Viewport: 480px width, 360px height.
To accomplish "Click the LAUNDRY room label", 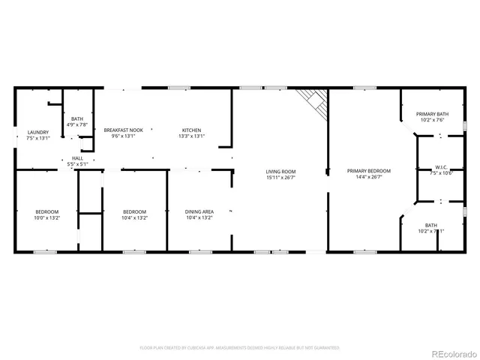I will tap(37, 132).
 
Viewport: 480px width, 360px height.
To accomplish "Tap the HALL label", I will tap(77, 158).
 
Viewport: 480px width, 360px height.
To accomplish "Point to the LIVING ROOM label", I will tap(280, 172).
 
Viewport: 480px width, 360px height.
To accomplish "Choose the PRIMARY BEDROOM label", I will tap(369, 172).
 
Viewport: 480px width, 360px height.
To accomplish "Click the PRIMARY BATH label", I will tap(431, 114).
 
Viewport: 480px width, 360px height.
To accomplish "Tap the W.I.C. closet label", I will tap(442, 167).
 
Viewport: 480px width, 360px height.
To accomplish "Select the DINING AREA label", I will tap(199, 211).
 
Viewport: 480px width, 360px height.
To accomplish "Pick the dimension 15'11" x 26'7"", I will tap(280, 178).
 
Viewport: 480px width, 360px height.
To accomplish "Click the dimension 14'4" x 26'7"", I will tap(369, 178).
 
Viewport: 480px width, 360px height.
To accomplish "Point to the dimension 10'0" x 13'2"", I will tap(46, 217).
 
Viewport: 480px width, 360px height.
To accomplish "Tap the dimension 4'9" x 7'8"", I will tap(77, 124).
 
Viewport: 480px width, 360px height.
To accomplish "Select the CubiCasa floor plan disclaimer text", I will tap(239, 348).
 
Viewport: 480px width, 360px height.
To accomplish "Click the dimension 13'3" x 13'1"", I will tap(190, 136).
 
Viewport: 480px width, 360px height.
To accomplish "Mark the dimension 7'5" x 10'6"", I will tap(442, 173).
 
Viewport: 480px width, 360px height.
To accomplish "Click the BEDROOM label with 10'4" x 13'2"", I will tap(135, 211).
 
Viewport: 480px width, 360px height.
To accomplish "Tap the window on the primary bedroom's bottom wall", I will tap(364, 252).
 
